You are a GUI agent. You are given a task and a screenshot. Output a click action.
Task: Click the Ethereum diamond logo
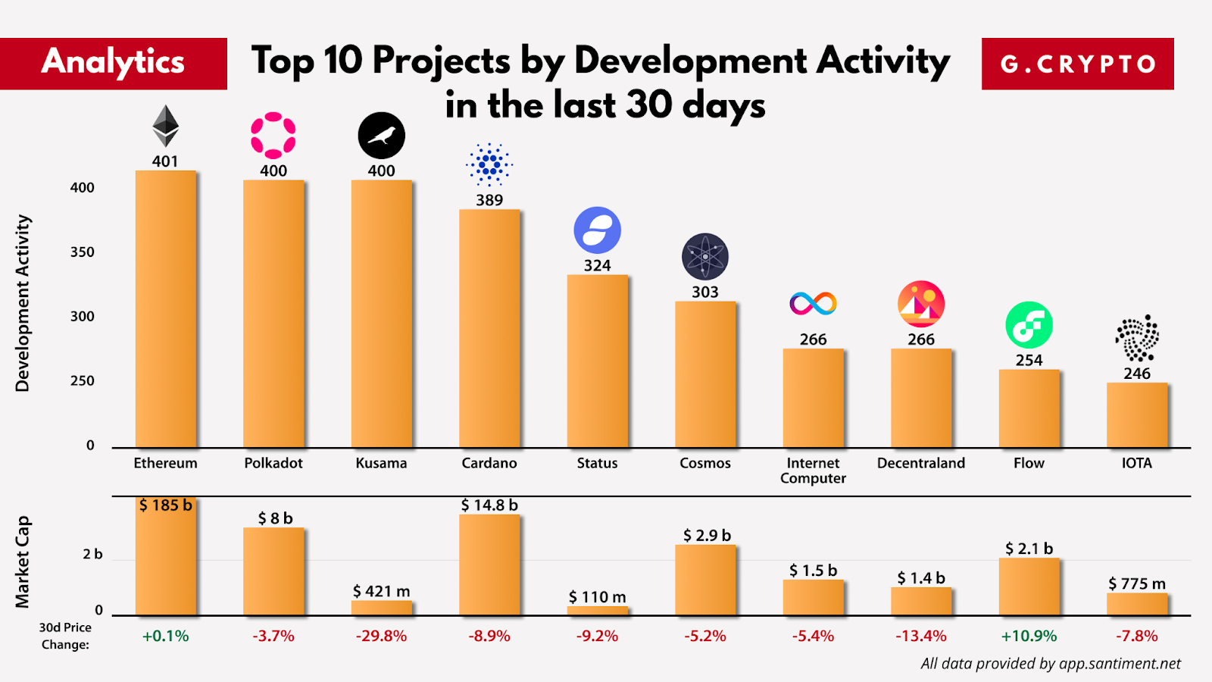(x=165, y=126)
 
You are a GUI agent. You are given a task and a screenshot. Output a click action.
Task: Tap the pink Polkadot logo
(x=273, y=136)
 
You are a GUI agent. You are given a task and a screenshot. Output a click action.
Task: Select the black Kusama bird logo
(x=381, y=136)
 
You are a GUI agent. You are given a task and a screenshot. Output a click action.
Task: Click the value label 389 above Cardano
(x=489, y=200)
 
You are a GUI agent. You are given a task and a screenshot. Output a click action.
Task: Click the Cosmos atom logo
(x=704, y=257)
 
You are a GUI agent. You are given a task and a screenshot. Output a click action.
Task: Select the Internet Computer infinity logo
(x=813, y=304)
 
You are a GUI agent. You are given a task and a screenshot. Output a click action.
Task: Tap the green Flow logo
(x=1029, y=325)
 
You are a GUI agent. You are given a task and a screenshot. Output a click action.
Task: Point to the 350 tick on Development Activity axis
(x=83, y=252)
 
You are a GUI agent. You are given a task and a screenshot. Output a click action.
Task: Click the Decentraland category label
(x=921, y=463)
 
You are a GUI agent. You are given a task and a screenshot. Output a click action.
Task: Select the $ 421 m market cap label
(x=381, y=591)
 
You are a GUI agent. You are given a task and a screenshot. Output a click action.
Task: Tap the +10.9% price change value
(x=1029, y=636)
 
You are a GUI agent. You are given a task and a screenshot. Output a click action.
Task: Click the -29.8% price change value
(x=381, y=636)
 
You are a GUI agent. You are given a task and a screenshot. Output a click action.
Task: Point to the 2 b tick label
(x=92, y=555)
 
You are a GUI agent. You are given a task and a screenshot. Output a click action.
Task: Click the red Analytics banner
(x=114, y=64)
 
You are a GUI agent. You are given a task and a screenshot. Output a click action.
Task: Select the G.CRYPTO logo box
(x=1077, y=64)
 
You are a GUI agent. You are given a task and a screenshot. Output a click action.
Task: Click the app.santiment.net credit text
(x=1050, y=664)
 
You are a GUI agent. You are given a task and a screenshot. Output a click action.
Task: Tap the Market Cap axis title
(x=23, y=562)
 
